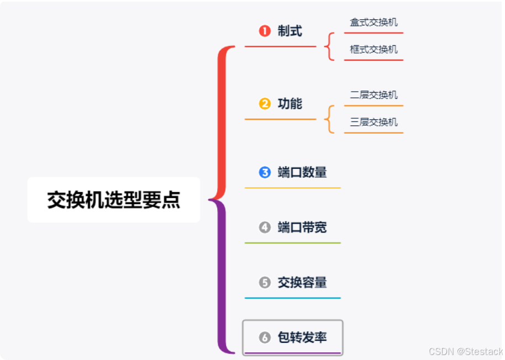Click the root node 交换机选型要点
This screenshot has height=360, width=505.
click(113, 200)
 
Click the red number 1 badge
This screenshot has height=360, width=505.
click(265, 31)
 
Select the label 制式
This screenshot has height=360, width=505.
click(290, 31)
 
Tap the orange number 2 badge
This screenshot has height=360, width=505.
click(265, 103)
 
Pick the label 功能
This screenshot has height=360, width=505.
click(290, 103)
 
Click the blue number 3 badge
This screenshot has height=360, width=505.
click(265, 172)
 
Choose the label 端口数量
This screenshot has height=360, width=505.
click(302, 172)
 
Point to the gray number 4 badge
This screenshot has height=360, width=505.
click(265, 227)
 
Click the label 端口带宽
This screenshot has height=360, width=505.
click(302, 227)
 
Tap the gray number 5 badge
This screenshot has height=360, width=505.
click(265, 282)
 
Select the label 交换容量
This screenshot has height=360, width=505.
click(302, 282)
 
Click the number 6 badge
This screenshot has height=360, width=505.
click(265, 337)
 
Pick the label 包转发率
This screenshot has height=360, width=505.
click(302, 337)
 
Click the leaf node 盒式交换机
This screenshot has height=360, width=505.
click(374, 23)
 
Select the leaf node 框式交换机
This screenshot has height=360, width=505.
click(374, 49)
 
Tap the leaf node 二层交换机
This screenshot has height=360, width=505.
click(374, 95)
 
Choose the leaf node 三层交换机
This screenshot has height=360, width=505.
click(374, 122)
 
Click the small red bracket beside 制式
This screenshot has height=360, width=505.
click(330, 46)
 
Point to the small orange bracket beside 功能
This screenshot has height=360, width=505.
click(330, 119)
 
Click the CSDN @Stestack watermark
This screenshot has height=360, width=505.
click(466, 352)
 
